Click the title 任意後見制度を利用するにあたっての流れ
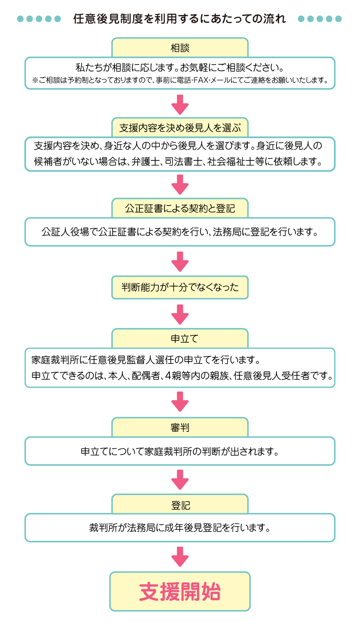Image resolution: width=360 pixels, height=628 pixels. coord(180,19)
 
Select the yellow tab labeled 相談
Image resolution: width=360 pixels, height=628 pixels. coord(180,48)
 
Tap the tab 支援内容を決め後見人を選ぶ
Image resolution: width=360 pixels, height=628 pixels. coord(180,127)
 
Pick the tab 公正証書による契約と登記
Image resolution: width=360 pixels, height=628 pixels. coord(180,208)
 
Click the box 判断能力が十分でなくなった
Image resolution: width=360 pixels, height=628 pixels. coord(180,287)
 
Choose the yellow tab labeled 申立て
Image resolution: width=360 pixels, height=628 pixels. coord(180,338)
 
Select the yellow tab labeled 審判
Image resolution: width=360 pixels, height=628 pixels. coord(180,427)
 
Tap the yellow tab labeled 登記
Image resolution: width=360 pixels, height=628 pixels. coord(180,504)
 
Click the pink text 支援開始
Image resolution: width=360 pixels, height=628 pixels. coord(180,591)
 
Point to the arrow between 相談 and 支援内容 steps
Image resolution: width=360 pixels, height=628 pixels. coord(180,104)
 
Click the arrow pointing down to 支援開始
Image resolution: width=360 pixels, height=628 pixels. coord(180,557)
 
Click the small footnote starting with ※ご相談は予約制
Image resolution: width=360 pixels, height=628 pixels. coord(180,80)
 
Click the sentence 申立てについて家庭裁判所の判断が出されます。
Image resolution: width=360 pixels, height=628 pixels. coord(180,451)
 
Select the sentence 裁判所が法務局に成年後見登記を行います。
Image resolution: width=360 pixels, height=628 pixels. coord(180,528)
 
